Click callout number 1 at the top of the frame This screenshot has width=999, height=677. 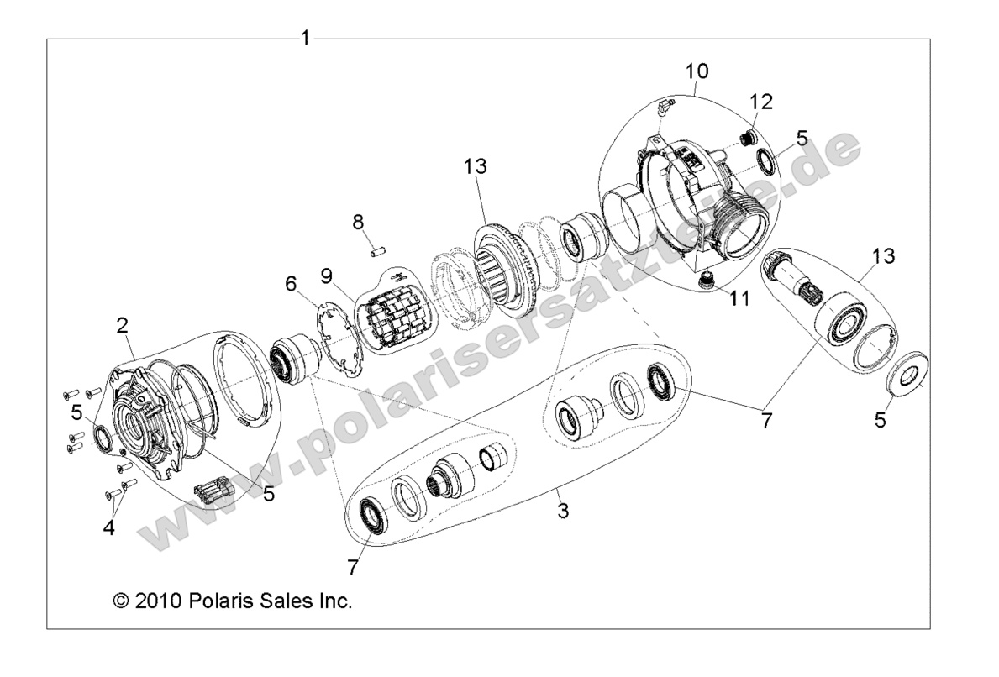pos(306,38)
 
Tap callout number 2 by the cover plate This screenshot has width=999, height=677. pos(123,325)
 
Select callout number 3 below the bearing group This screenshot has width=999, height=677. pos(563,510)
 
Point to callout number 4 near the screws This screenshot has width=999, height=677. pos(108,527)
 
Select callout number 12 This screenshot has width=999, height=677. pos(761,102)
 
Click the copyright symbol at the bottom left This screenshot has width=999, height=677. pos(120,601)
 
